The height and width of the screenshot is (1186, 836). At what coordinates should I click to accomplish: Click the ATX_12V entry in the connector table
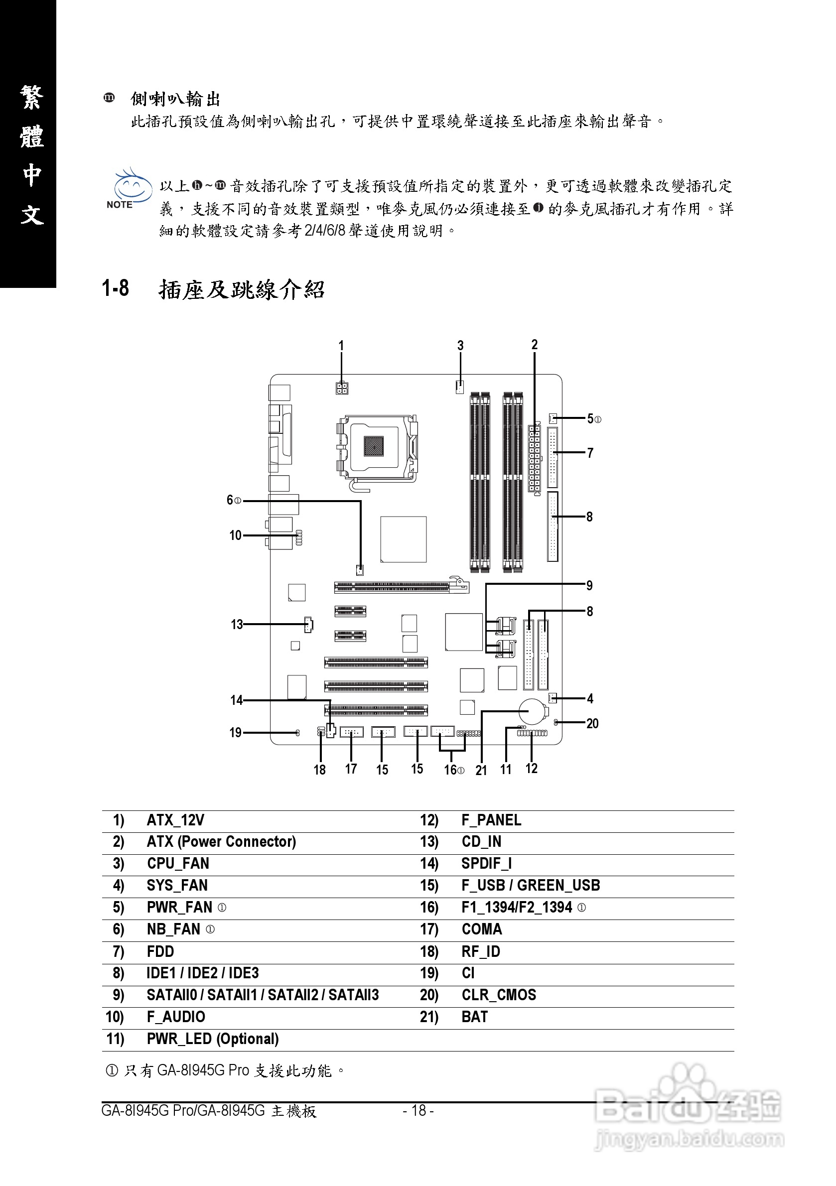click(x=175, y=820)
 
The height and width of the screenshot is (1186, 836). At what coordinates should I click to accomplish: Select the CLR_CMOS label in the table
click(x=499, y=995)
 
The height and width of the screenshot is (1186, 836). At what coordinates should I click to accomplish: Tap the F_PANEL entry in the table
click(x=491, y=820)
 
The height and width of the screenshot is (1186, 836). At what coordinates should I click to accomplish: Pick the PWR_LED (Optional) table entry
click(x=212, y=1039)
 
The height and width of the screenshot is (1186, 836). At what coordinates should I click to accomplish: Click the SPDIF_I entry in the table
click(x=486, y=864)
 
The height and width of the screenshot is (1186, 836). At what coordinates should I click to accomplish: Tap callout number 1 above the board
click(x=341, y=346)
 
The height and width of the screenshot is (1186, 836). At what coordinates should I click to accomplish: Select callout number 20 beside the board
click(x=592, y=723)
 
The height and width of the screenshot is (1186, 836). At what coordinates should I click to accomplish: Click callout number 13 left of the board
click(x=237, y=625)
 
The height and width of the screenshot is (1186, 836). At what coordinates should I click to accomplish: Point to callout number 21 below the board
click(x=481, y=770)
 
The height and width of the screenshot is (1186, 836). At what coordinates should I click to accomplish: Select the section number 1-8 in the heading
click(x=115, y=288)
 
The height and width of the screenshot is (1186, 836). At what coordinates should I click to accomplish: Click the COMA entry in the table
click(x=482, y=929)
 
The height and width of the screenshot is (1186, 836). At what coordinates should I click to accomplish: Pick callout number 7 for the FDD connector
click(x=590, y=453)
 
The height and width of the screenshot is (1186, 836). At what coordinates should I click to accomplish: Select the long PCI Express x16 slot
click(x=401, y=587)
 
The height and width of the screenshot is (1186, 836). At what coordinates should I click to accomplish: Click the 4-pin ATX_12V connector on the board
click(x=341, y=388)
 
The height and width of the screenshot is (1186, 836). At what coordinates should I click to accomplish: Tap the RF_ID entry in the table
click(x=480, y=951)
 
